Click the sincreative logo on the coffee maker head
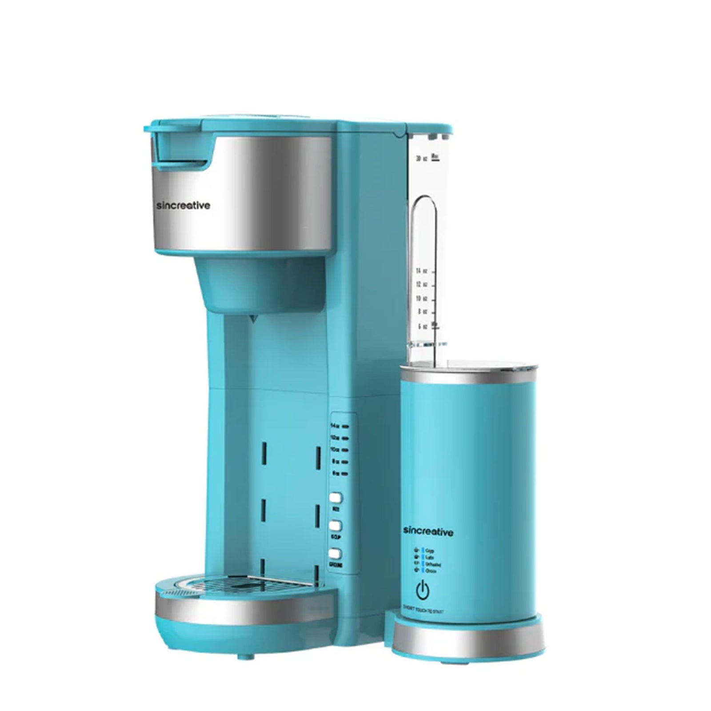click(x=184, y=206)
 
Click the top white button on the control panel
click(x=336, y=498)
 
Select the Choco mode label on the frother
click(x=430, y=571)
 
